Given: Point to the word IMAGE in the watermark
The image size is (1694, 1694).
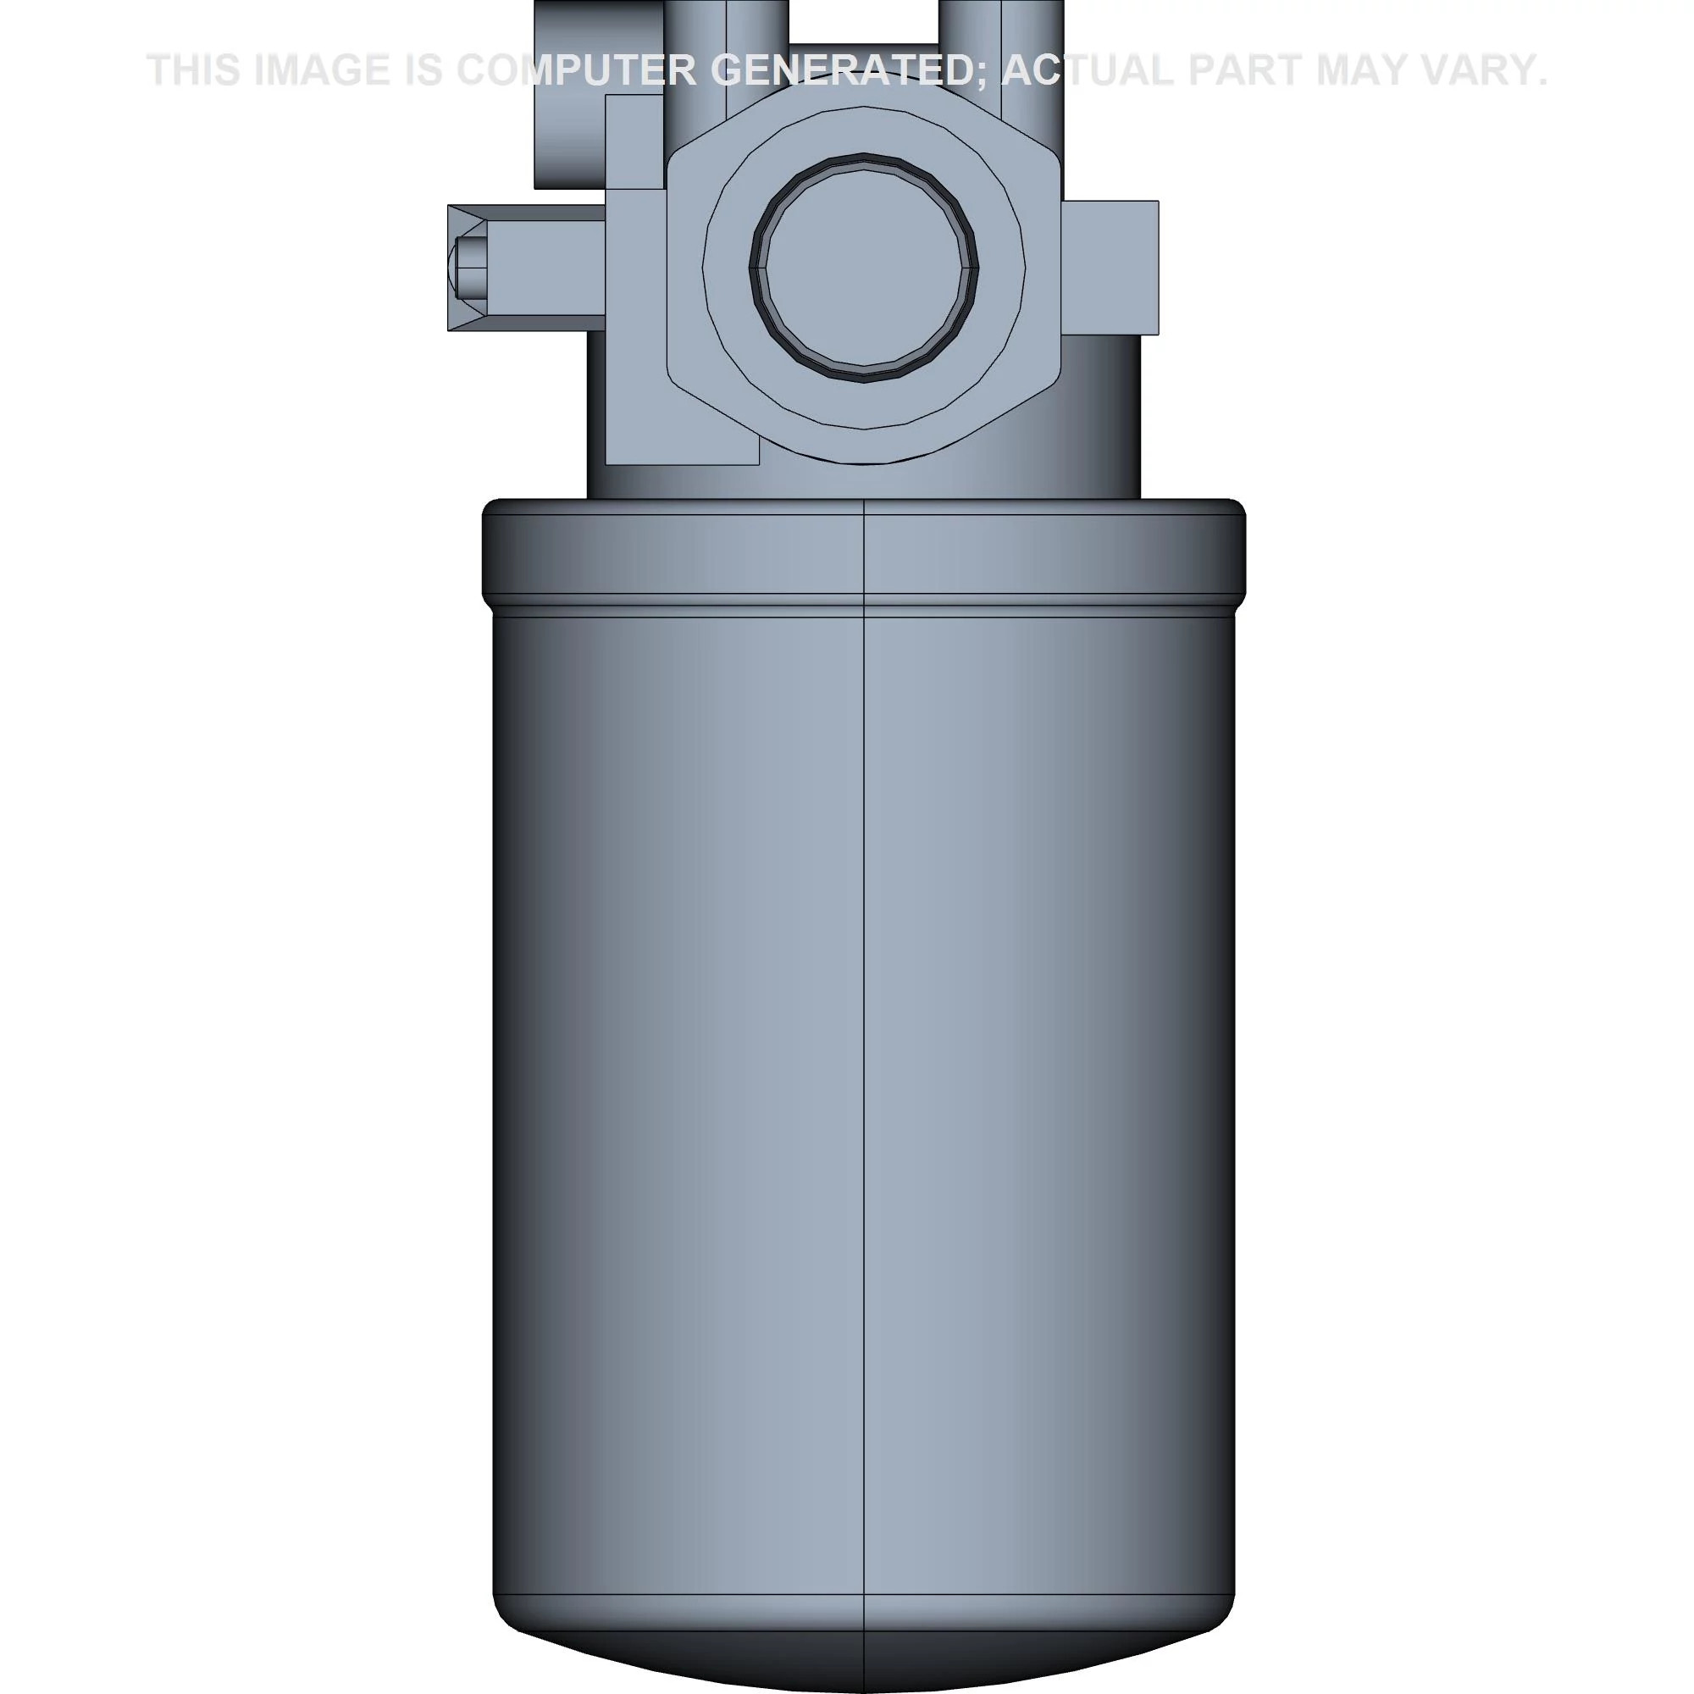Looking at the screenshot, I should click(321, 70).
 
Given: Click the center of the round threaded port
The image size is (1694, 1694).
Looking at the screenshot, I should click(864, 268).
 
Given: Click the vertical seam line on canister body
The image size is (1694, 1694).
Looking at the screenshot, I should click(865, 1052).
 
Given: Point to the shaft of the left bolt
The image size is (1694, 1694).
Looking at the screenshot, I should click(544, 267).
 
